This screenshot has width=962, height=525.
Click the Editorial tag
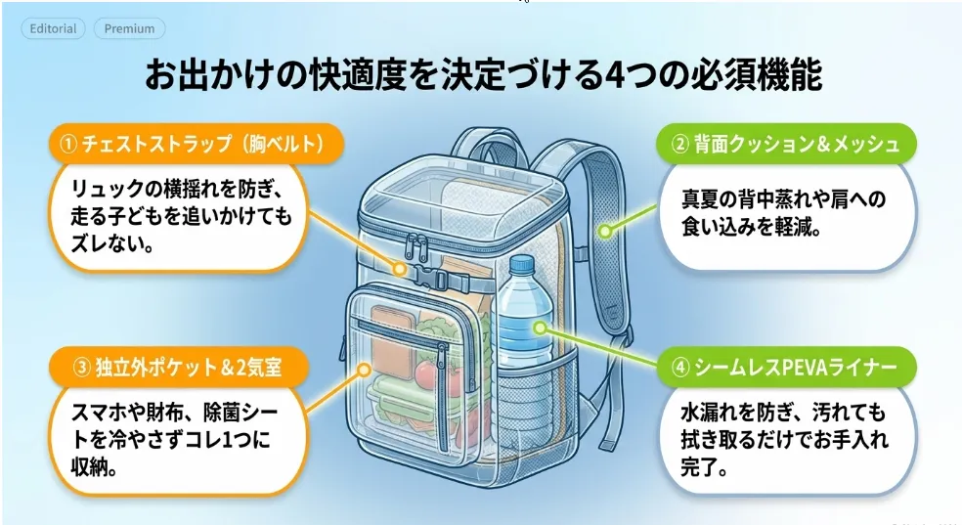tap(53, 28)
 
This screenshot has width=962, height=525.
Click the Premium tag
tap(129, 28)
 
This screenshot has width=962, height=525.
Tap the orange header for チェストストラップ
tap(197, 144)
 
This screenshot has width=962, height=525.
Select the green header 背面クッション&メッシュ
tap(786, 144)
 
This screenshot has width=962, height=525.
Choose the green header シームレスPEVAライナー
tap(786, 367)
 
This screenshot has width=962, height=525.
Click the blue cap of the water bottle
tap(522, 264)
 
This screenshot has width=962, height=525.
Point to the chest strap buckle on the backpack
tap(432, 279)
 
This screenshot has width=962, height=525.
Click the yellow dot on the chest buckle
tap(400, 269)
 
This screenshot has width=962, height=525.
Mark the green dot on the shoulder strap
tap(605, 232)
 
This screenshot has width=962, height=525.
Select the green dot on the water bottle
tap(540, 328)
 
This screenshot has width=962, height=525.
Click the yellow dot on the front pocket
tap(365, 370)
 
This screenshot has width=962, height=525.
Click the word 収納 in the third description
tap(89, 467)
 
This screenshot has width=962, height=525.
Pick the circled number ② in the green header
tap(679, 144)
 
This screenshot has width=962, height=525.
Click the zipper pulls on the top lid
tap(417, 246)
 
